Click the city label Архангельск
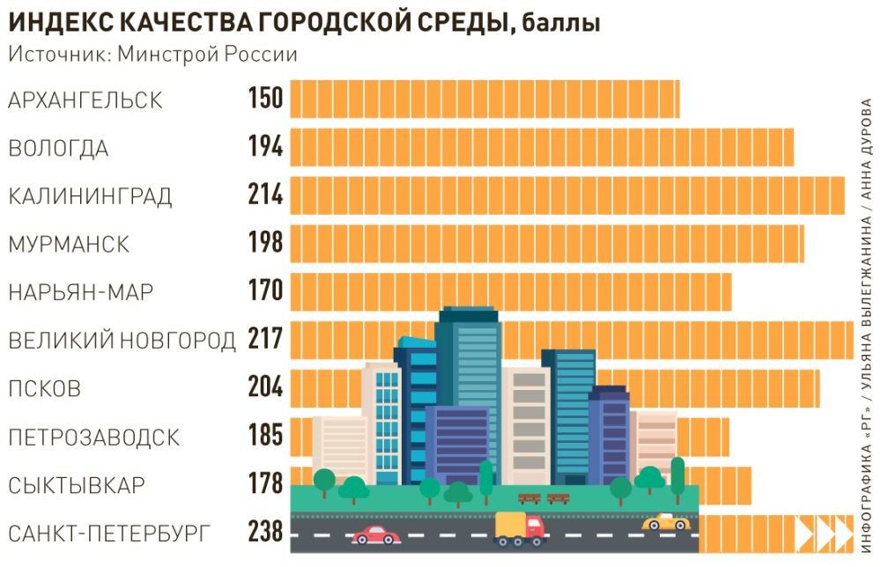(85, 100)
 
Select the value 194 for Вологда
(265, 148)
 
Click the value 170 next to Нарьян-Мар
(265, 291)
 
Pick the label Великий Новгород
(122, 340)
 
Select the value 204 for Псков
(265, 387)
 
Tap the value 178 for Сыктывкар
(265, 484)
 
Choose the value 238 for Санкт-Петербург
(265, 532)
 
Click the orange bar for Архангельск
(485, 99)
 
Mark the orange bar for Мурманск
(546, 243)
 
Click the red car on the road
(376, 534)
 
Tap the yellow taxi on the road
(665, 522)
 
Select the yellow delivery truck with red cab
(520, 527)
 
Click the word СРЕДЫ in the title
(452, 24)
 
